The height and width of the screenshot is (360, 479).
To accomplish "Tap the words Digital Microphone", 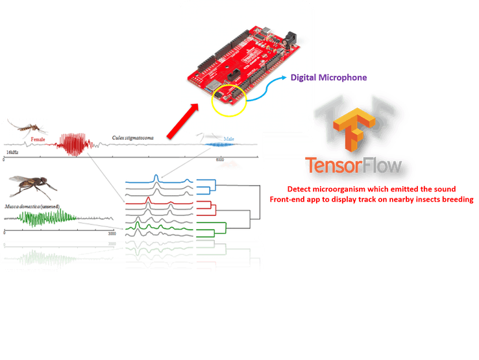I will (329, 78).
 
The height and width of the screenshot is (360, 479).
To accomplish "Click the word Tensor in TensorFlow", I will (334, 167).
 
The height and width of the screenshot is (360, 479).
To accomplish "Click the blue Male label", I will (228, 139).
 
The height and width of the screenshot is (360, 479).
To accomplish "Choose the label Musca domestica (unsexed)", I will (33, 205).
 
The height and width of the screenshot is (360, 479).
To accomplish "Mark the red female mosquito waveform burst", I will (73, 145).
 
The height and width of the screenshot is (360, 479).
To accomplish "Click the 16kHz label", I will (12, 151).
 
